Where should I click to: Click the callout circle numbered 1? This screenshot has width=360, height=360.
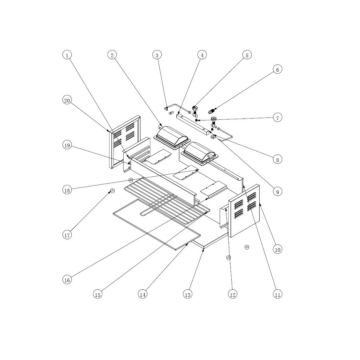[x=67, y=55]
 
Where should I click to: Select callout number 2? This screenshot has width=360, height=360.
[x=112, y=55]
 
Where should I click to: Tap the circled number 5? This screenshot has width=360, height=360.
[x=247, y=55]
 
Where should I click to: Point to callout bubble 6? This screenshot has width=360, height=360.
[x=277, y=69]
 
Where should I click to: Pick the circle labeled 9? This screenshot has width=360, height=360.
[x=277, y=191]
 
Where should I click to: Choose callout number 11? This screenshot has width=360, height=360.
[x=277, y=294]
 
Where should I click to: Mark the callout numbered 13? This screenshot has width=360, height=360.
[x=188, y=294]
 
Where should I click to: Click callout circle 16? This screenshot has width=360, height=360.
[x=67, y=280]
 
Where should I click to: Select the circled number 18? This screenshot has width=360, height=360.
[x=67, y=190]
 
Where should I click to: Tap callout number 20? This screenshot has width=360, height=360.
[x=67, y=100]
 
